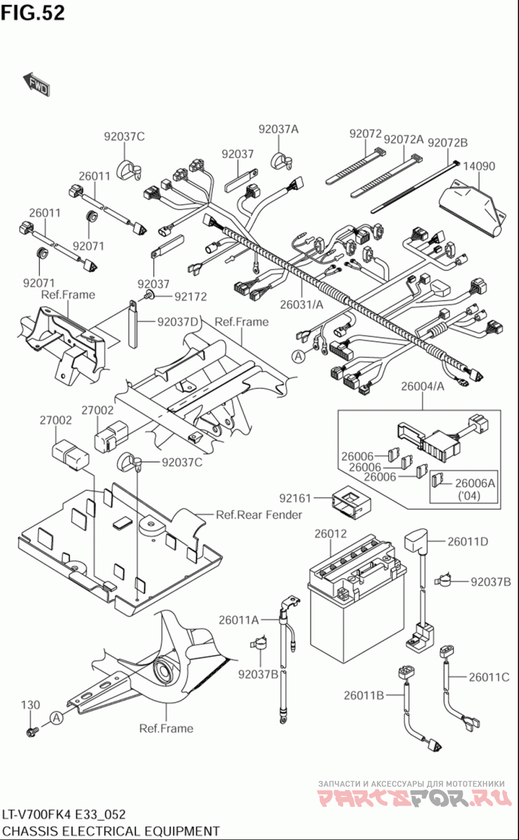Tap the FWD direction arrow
[x=36, y=85]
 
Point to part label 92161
[x=296, y=498]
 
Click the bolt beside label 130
[x=30, y=733]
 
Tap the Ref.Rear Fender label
[x=259, y=515]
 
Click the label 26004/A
[x=422, y=387]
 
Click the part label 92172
[x=189, y=297]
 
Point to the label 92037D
[x=176, y=321]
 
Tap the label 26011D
[x=466, y=541]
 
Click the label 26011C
[x=489, y=676]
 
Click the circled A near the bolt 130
[x=56, y=718]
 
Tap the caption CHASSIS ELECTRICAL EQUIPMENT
[x=111, y=831]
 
